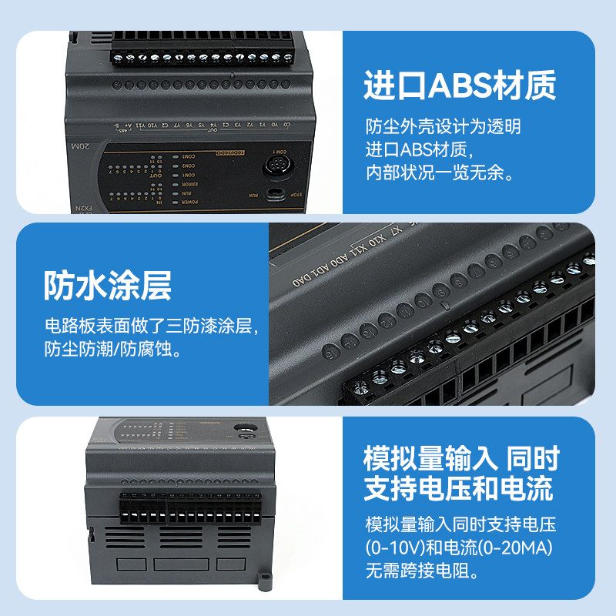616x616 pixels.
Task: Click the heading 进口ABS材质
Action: (459, 86)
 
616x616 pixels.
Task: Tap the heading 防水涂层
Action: (107, 286)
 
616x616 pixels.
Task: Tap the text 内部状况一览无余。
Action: (439, 171)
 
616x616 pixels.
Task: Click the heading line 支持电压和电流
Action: (459, 487)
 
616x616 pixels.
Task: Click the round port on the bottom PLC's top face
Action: (246, 432)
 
